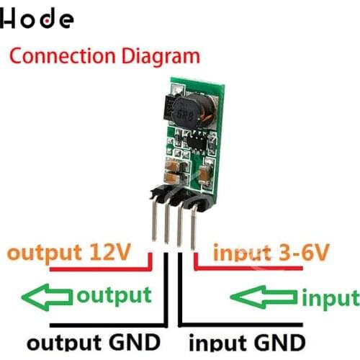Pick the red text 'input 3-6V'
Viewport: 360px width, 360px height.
click(271, 253)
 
